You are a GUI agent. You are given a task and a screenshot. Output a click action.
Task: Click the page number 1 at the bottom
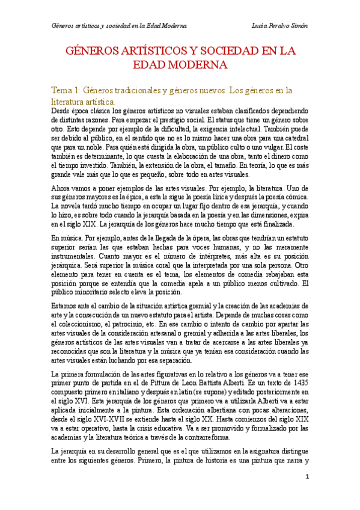click(x=307, y=477)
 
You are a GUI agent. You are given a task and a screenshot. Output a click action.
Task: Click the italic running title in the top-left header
click(x=119, y=26)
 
